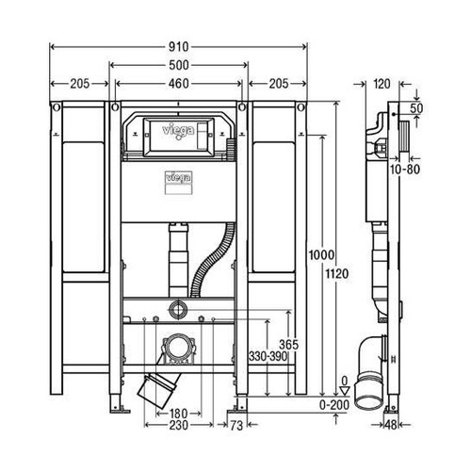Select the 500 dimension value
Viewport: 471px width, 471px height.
(x=179, y=64)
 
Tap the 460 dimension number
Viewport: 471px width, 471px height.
(x=179, y=84)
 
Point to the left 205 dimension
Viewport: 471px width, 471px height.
(x=78, y=84)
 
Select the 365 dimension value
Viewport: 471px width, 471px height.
(x=290, y=345)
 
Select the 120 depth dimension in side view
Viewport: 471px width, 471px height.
(x=381, y=84)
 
